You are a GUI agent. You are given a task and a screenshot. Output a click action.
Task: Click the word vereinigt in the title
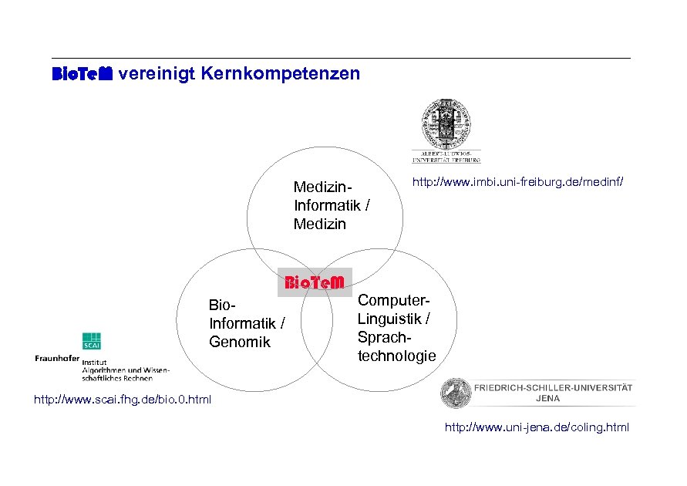pos(157,74)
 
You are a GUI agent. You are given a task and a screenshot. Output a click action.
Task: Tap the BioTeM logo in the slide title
pos(82,74)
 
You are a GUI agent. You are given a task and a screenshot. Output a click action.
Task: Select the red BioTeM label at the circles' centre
pos(314,282)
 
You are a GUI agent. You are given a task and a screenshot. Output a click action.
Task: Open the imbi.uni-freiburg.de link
pos(518,183)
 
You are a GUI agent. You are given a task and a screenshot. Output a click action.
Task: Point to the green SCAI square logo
pos(93,341)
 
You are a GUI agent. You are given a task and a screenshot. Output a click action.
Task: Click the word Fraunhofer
pos(57,358)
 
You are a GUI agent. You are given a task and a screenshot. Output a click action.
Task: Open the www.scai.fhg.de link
pos(122,400)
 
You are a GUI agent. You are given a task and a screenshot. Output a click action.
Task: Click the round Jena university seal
pos(455,393)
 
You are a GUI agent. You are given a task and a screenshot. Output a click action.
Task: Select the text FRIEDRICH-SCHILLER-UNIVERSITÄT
pos(554,387)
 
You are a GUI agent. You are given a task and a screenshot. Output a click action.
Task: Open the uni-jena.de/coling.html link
pos(537,427)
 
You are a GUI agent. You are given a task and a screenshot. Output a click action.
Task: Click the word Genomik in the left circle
pos(240,342)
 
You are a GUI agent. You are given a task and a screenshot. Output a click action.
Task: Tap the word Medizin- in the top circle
pos(322,187)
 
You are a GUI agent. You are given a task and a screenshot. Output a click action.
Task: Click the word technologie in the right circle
pos(396,356)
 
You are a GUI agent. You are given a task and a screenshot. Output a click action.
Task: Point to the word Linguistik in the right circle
pos(390,319)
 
